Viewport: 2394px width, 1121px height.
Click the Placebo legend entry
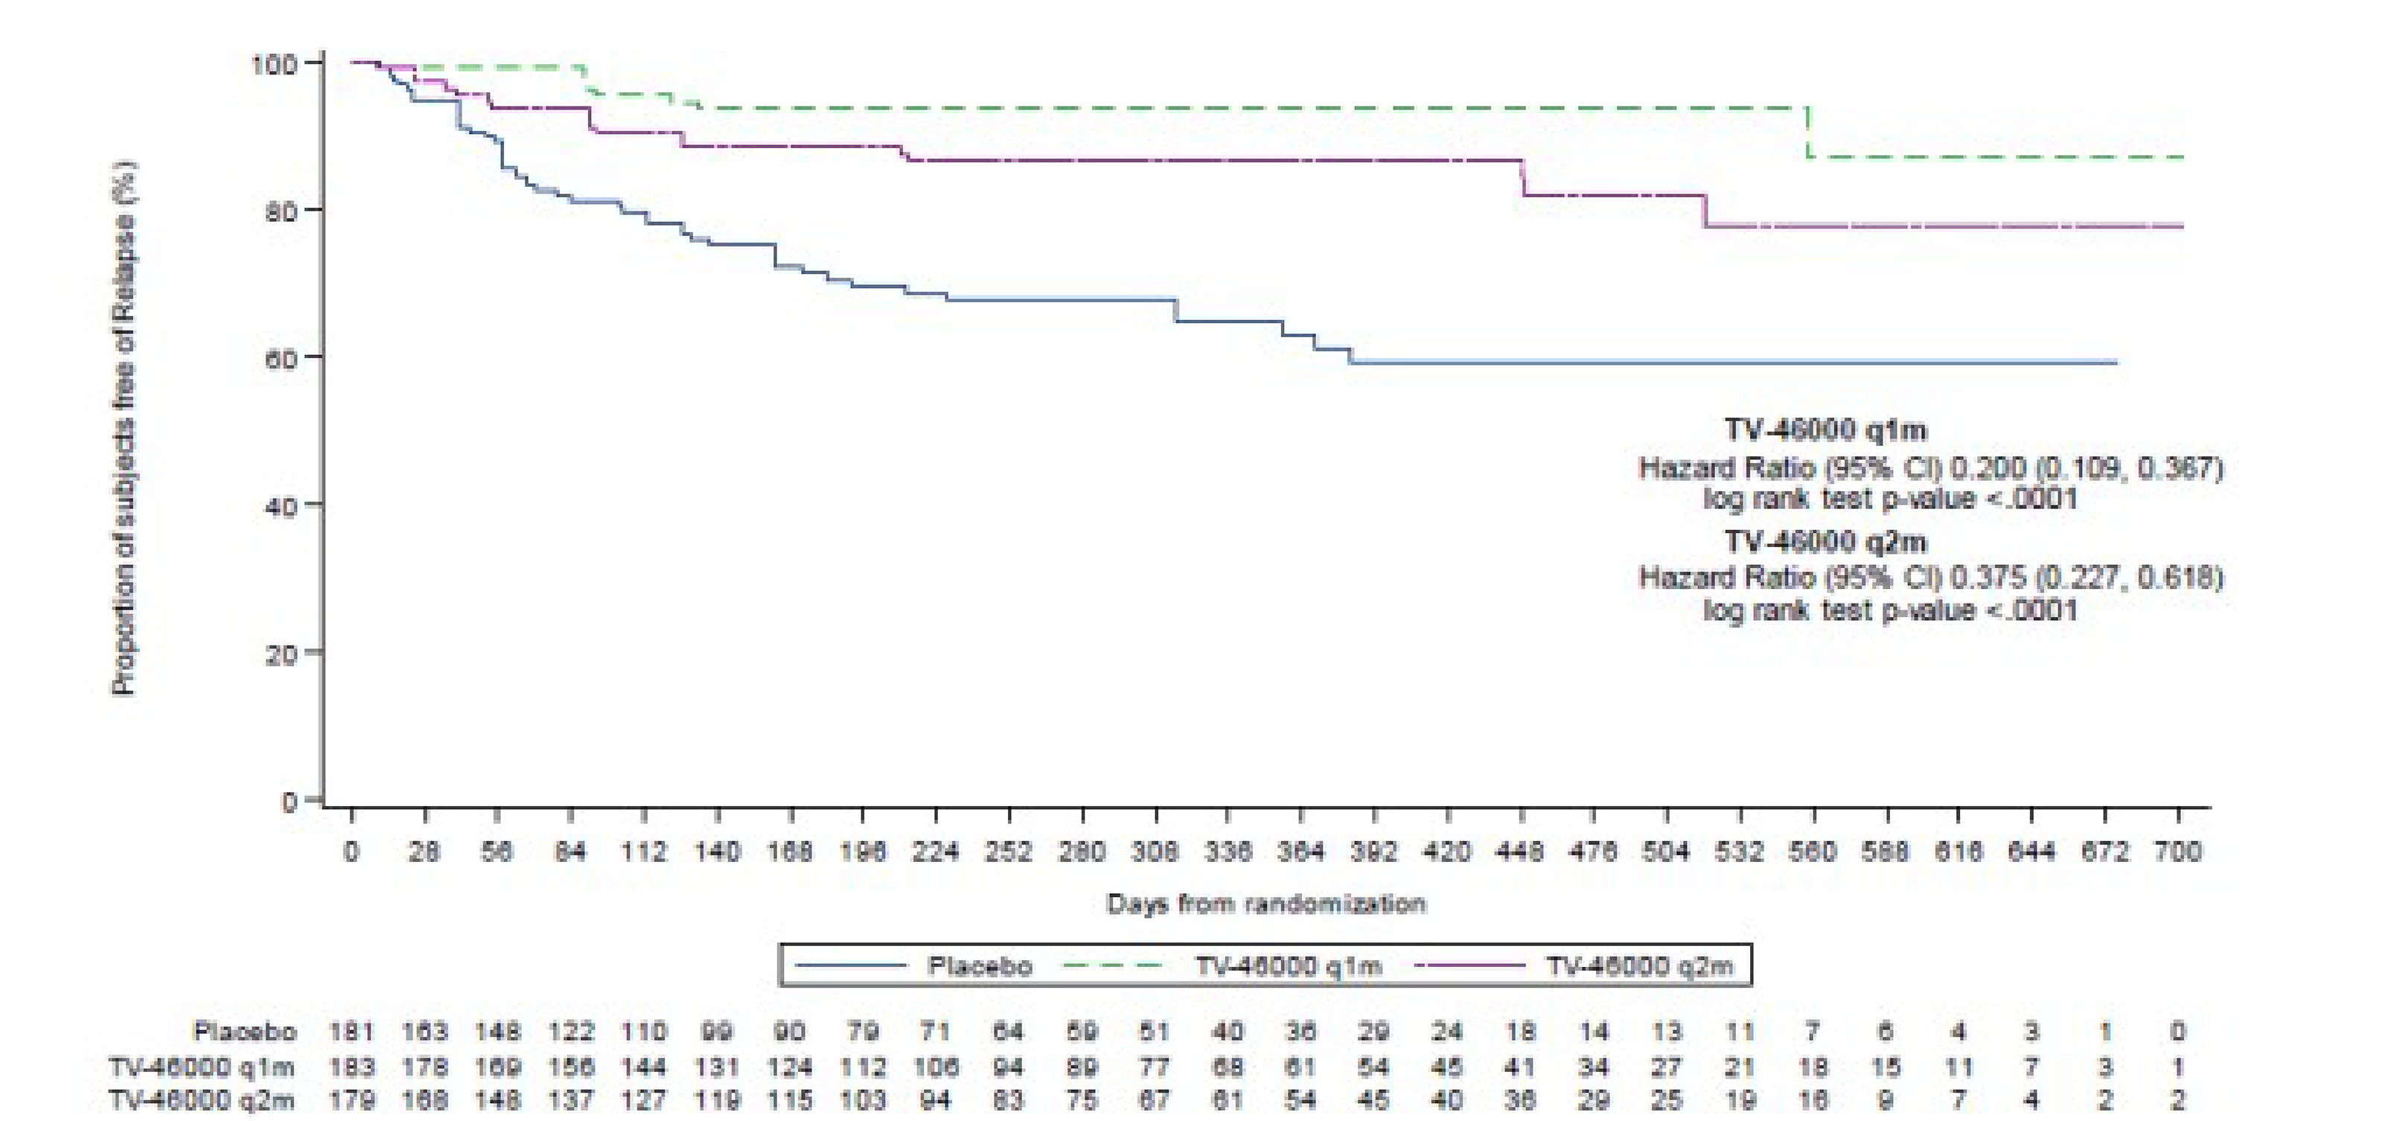979,965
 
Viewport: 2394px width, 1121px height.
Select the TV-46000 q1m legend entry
1288,965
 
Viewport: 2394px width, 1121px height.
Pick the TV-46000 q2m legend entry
1639,965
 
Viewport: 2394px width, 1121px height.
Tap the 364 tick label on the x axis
1300,851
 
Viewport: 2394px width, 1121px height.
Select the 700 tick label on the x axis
2177,851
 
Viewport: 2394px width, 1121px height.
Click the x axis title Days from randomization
1265,904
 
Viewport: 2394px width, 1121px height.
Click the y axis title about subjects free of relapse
124,427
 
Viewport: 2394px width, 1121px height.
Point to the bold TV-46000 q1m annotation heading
1825,429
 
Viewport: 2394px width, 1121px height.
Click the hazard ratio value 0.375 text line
1930,577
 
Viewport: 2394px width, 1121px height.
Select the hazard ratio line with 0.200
1930,467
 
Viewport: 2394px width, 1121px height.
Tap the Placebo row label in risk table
244,1031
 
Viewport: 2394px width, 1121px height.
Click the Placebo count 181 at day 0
351,1031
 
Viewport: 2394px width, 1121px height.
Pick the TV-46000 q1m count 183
351,1066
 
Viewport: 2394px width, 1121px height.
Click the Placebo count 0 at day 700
2177,1031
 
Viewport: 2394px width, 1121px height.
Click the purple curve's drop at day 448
1523,179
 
